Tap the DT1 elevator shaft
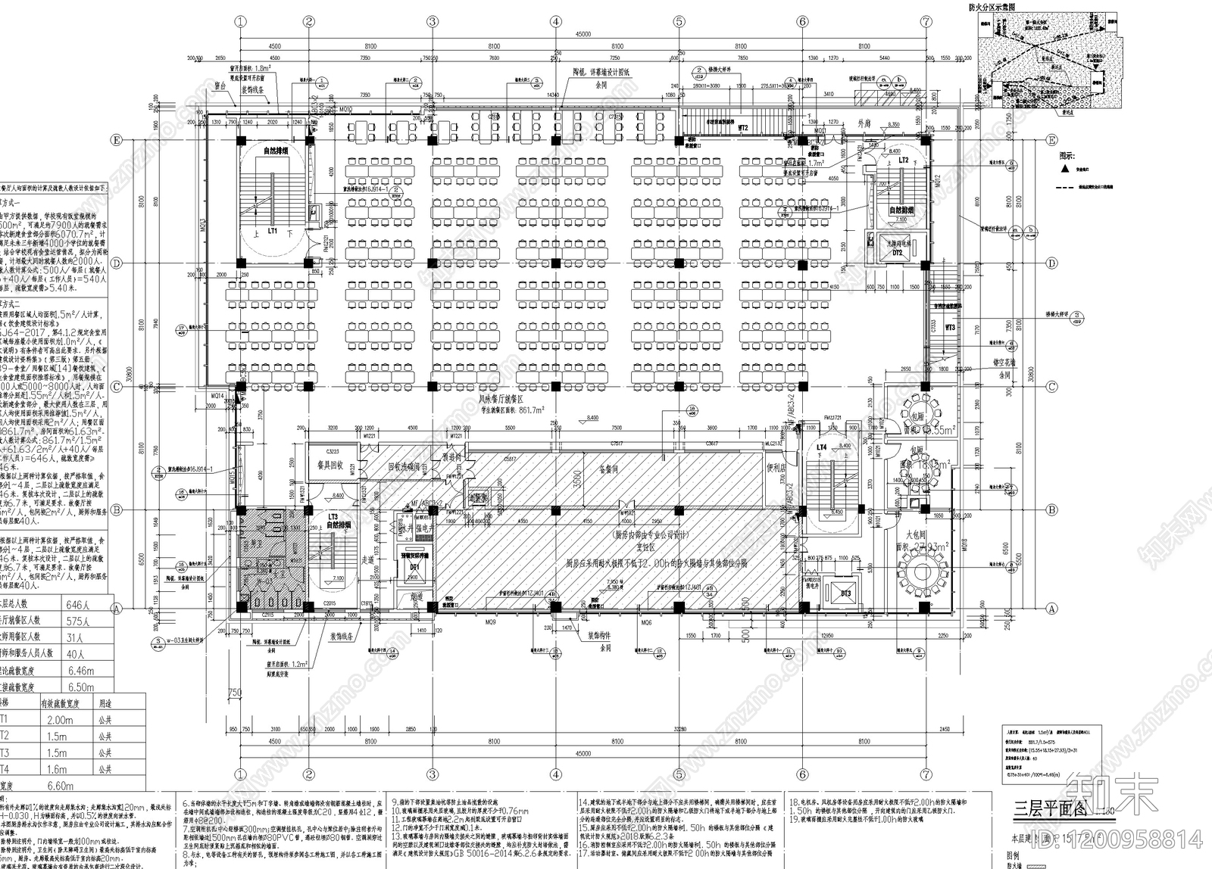click(414, 565)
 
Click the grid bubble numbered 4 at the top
click(556, 22)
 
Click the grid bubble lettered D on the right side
click(1051, 263)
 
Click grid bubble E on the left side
click(117, 140)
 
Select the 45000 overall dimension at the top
click(583, 34)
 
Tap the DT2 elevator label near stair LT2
click(898, 252)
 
